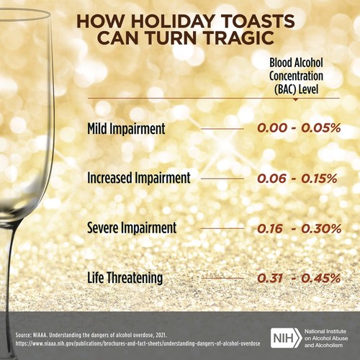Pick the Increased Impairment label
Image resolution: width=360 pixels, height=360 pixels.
click(x=138, y=178)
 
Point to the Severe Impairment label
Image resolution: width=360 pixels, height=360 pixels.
click(x=130, y=228)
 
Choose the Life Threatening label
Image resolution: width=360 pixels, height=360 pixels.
click(x=125, y=277)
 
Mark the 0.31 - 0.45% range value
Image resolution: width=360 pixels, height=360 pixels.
click(x=299, y=277)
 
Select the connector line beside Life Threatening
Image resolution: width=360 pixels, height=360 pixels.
click(x=222, y=277)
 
